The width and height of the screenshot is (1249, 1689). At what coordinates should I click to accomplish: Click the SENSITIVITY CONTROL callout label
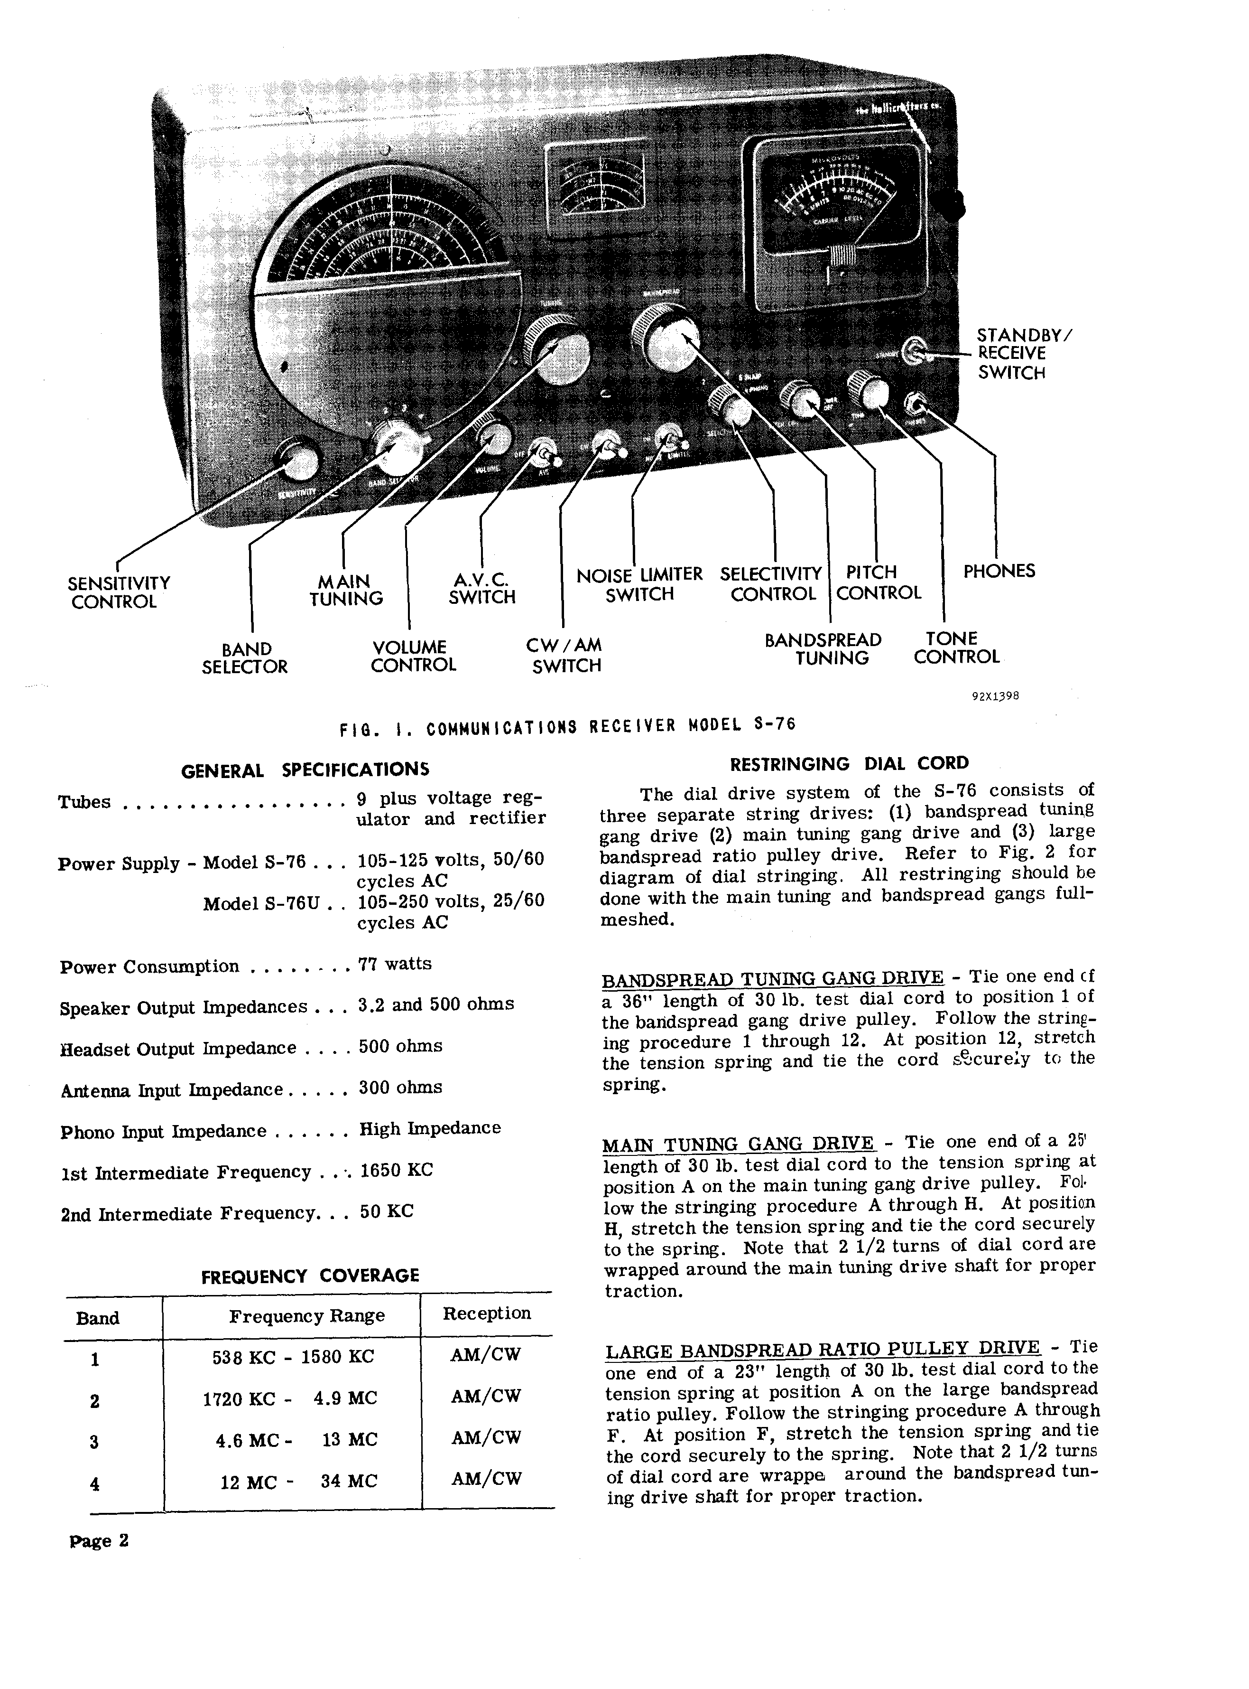(118, 592)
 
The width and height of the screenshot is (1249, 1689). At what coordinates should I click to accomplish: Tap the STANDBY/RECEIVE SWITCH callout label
(1022, 353)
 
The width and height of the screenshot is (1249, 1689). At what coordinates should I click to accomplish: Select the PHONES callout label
(998, 571)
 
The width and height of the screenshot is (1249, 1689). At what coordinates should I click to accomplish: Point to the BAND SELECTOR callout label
(244, 658)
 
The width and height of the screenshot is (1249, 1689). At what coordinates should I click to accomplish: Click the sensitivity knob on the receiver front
(297, 459)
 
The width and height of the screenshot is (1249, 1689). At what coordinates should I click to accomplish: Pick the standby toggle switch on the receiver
(916, 351)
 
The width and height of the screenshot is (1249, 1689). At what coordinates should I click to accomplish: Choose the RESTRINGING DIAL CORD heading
(848, 764)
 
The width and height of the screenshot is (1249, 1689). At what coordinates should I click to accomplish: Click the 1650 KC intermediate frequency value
(396, 1170)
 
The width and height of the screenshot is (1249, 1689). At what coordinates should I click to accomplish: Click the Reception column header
(486, 1314)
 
